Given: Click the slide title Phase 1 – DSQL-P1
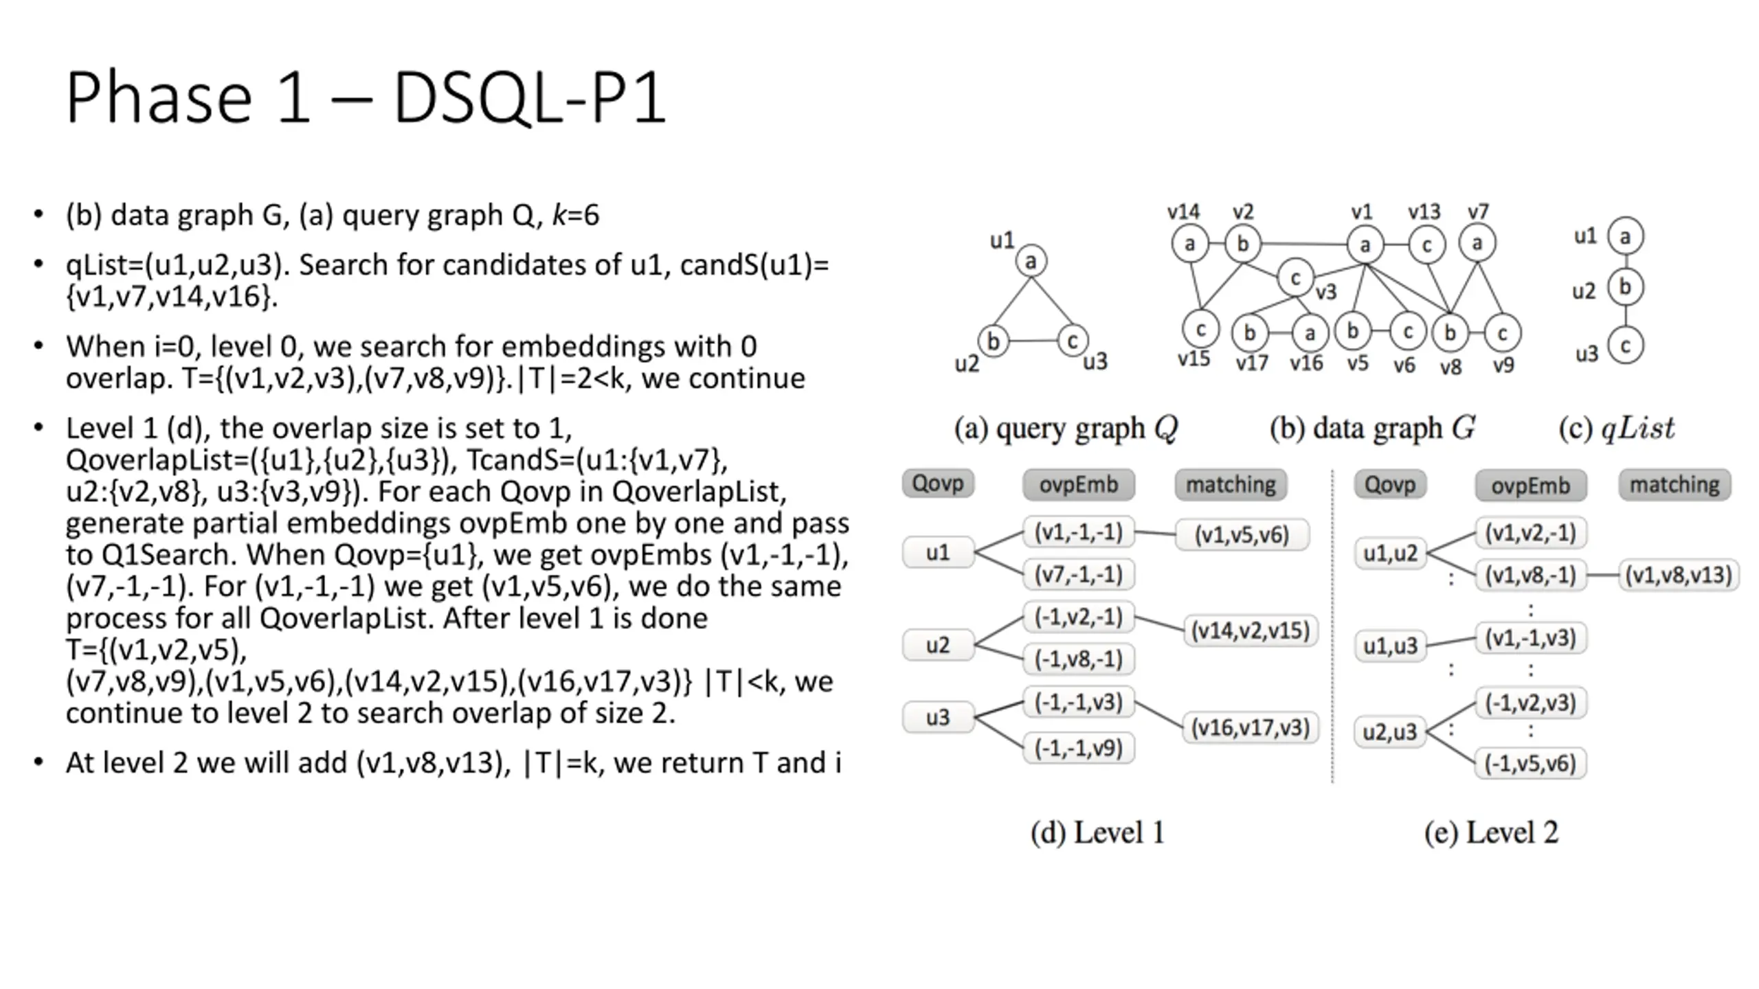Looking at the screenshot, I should (366, 98).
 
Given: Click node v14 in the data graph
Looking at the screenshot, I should (1190, 243).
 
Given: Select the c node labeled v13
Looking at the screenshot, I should (1426, 245).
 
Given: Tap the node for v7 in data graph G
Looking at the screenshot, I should (1477, 242).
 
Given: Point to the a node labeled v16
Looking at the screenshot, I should (1310, 333).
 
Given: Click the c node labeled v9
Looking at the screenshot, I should (1503, 333).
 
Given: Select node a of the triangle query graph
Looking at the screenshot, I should (1031, 261).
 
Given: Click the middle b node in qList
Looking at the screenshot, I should (1626, 287).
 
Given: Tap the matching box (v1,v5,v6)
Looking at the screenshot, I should (1242, 535).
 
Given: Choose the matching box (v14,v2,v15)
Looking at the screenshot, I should (1251, 630).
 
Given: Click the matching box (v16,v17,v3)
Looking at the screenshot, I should (1251, 727).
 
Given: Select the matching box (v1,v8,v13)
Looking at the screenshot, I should (1679, 575).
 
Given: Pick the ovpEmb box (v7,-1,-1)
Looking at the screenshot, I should (1079, 574).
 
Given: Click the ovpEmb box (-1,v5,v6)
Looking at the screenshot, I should (1530, 763).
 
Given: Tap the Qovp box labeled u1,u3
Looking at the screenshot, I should (1390, 646).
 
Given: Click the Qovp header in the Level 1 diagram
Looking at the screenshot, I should (938, 484).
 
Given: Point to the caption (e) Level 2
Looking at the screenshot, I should (1491, 832).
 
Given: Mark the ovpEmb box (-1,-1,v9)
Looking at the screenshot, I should (1079, 748).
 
